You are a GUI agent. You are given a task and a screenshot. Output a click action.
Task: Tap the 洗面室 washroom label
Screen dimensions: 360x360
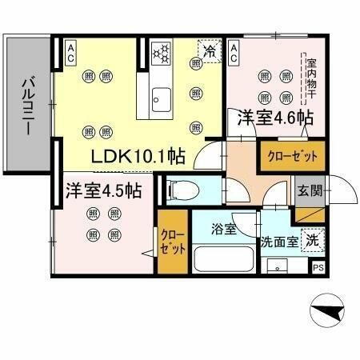point(278,241)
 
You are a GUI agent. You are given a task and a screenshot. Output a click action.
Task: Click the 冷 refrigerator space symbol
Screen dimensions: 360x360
point(209,49)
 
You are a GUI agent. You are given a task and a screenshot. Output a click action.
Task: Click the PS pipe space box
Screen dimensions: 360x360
point(318,268)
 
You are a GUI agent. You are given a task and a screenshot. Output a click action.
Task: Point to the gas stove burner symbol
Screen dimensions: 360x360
point(162,53)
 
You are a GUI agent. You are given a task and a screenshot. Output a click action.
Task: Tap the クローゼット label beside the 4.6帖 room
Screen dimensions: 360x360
point(291,155)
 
